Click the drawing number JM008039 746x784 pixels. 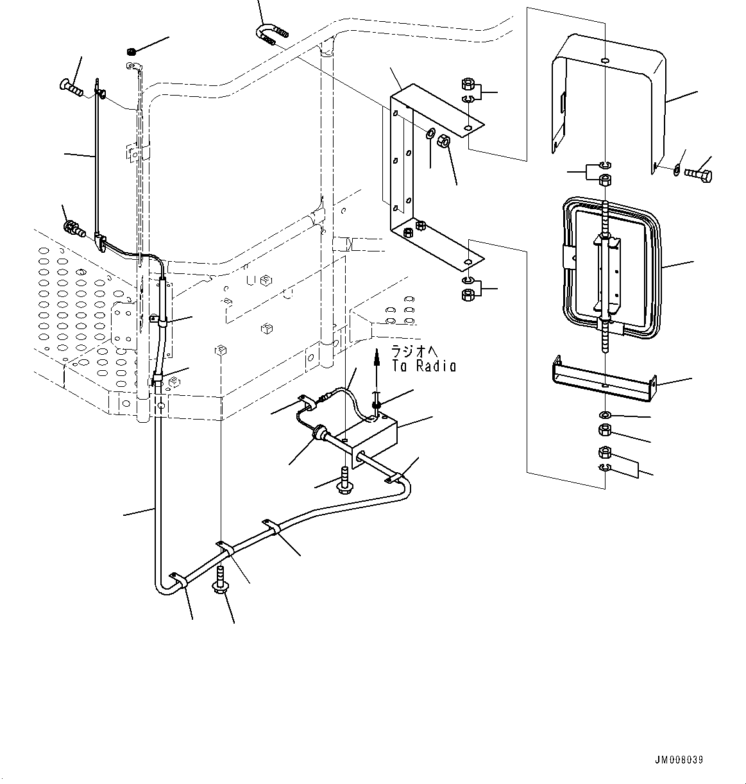point(679,760)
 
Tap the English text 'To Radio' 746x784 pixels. point(424,366)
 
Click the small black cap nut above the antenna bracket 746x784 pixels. point(130,51)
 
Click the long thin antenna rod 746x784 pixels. point(96,160)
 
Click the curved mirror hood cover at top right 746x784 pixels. point(609,96)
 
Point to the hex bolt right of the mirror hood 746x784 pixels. point(699,173)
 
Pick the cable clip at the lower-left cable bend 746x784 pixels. point(178,581)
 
